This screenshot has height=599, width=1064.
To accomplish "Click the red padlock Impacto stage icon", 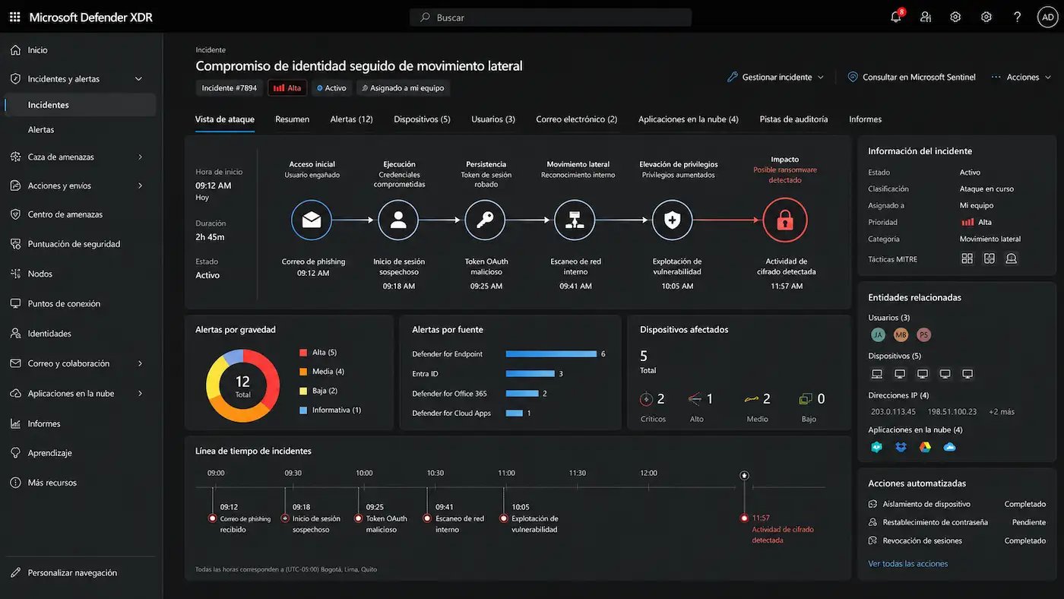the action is (784, 220).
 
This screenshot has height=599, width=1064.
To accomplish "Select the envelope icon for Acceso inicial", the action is (312, 220).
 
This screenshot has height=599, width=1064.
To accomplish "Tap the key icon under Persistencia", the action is (485, 220).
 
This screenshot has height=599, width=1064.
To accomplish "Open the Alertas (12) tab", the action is (351, 119).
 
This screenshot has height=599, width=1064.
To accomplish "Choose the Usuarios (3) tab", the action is (493, 119).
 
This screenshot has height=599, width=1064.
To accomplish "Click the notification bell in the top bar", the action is (896, 17).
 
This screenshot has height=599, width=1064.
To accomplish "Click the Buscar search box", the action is (550, 17).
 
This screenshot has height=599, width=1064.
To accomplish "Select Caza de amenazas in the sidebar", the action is (61, 157).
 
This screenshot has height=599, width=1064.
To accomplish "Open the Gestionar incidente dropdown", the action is (775, 77).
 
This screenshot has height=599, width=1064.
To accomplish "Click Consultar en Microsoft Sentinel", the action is (911, 77).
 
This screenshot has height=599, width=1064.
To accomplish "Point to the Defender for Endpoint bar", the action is (551, 354).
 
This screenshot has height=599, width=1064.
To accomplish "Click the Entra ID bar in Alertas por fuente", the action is (530, 374).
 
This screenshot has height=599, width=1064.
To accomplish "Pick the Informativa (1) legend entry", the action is (330, 410).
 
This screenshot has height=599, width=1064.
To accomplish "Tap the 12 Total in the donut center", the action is (242, 386).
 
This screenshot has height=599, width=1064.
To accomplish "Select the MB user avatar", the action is (901, 335).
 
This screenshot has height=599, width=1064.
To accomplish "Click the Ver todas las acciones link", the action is (907, 563).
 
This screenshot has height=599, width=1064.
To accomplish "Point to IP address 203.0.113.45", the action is (893, 412).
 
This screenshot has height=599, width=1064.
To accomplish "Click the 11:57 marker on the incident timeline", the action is (744, 518).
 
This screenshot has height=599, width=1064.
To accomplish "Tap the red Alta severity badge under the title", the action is (287, 88).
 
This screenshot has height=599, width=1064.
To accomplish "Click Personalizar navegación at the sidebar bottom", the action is (72, 573).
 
